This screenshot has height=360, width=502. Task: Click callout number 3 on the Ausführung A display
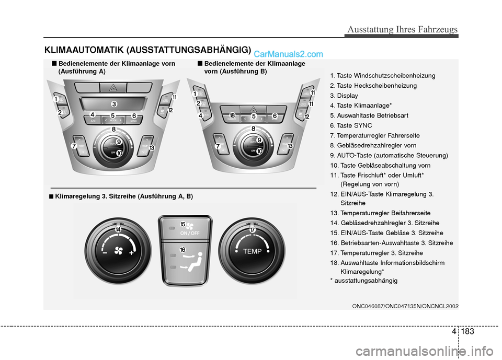tap(114, 104)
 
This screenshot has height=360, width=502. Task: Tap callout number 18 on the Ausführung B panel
tap(232, 115)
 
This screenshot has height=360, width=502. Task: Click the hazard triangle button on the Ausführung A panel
tap(113, 88)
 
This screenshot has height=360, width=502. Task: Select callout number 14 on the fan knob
tap(118, 229)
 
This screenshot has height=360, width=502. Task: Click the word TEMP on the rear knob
tap(252, 251)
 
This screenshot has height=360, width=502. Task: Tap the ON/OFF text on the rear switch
tap(189, 233)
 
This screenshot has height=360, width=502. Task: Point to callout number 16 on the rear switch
tap(182, 250)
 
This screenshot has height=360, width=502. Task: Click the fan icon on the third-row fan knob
tap(119, 251)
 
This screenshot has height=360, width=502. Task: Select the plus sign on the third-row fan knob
tap(131, 253)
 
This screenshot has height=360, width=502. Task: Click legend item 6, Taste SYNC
tap(351, 125)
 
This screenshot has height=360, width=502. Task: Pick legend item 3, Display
tap(344, 96)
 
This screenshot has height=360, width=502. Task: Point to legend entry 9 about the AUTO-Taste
tap(389, 156)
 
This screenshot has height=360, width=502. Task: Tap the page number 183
tap(467, 331)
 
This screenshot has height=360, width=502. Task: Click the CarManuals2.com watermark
tap(288, 54)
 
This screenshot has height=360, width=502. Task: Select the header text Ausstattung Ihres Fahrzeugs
tap(403, 29)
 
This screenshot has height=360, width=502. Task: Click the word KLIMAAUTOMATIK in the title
tap(84, 50)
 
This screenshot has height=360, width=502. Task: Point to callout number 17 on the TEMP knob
tap(253, 230)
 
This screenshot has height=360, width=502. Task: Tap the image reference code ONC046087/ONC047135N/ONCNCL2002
tap(405, 306)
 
